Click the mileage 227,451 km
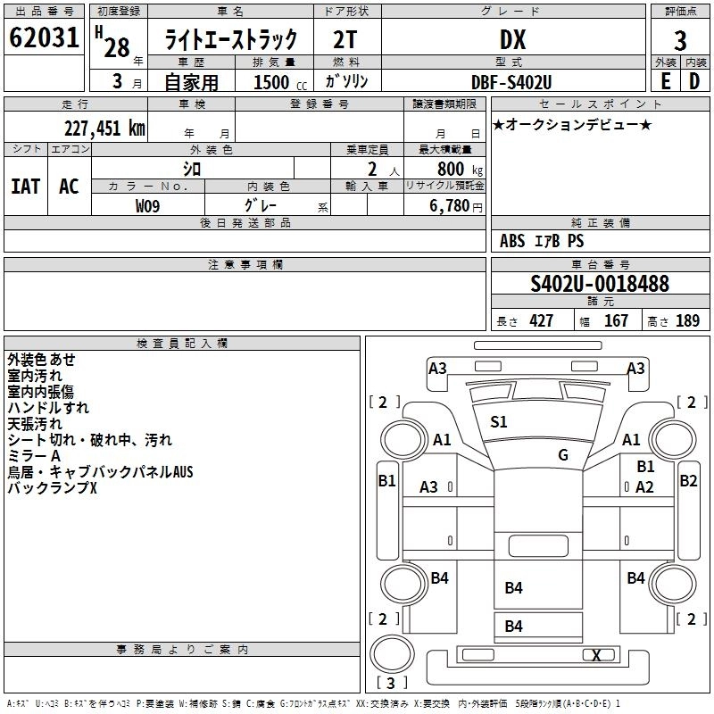click(104, 128)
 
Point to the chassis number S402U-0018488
click(600, 284)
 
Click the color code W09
click(148, 204)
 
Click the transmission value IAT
click(25, 187)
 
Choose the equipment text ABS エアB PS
click(542, 241)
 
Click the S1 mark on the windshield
click(499, 422)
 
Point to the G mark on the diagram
click(563, 454)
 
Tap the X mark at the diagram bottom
click(596, 656)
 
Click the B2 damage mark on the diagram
click(688, 480)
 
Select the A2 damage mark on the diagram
click(644, 486)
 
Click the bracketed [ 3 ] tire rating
click(391, 684)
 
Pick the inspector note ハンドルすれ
click(48, 408)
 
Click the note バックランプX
click(52, 488)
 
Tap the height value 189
click(687, 321)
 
